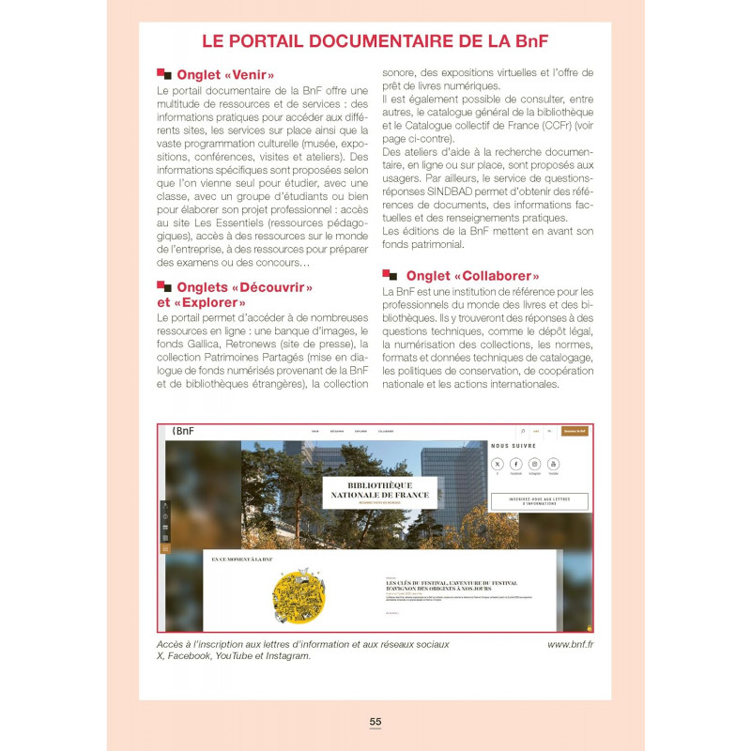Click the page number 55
(375, 721)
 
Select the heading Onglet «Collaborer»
(471, 276)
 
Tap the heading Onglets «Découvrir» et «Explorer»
(235, 295)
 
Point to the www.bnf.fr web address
(576, 644)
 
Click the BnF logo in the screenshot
(182, 431)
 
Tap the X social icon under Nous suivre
(498, 464)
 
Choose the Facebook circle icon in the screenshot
(516, 464)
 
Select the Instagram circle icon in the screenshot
(534, 464)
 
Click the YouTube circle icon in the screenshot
(553, 464)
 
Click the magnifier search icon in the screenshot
(523, 431)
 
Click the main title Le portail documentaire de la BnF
(375, 41)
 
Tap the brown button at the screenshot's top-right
(575, 431)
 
